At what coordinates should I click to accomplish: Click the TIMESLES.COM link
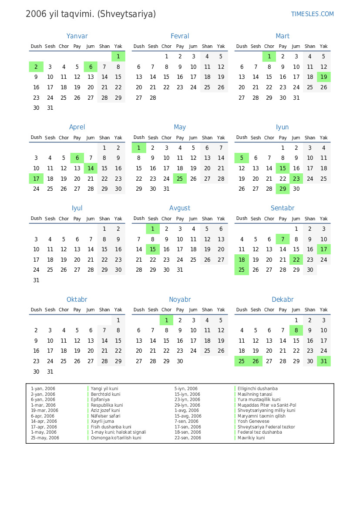click(312, 14)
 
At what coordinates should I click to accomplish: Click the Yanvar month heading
click(77, 36)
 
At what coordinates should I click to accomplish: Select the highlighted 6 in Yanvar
click(91, 67)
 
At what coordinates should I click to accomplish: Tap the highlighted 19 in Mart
click(323, 77)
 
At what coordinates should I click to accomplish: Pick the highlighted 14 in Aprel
click(91, 169)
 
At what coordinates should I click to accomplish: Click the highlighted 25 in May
click(180, 179)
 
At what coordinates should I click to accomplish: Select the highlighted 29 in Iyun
click(283, 189)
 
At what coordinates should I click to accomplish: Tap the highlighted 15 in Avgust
click(153, 249)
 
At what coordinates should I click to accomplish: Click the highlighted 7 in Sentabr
click(283, 239)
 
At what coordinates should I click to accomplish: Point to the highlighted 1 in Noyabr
click(166, 320)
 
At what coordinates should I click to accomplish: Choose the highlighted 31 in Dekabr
click(323, 361)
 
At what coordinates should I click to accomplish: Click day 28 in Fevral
click(153, 98)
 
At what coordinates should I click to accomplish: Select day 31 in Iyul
click(36, 280)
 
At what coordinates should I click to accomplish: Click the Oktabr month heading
click(77, 300)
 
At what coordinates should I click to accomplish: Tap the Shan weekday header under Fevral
click(207, 46)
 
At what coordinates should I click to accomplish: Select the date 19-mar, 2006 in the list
click(44, 410)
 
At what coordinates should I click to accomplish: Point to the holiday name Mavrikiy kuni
click(251, 438)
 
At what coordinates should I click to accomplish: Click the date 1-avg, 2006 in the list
click(187, 410)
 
